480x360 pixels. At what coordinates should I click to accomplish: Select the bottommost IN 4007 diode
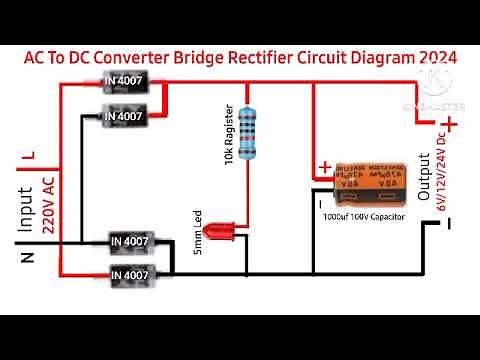click(131, 273)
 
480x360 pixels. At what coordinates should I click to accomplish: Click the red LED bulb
click(214, 232)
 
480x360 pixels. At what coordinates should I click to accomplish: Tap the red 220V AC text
click(47, 204)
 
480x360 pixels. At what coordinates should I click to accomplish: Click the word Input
click(25, 211)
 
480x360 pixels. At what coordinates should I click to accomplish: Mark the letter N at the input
click(27, 259)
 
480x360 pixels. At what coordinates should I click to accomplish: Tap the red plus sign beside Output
click(452, 124)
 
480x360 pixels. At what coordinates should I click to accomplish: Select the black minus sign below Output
click(450, 224)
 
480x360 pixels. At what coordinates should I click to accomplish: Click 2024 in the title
click(432, 58)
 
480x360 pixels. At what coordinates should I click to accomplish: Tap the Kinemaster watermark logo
click(431, 80)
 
